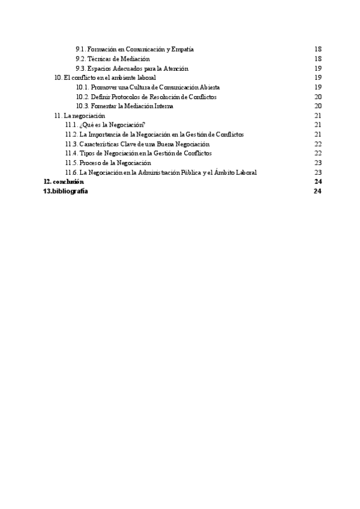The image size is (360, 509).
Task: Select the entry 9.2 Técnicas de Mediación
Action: pyautogui.click(x=112, y=59)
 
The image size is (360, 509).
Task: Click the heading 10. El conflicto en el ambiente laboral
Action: pyautogui.click(x=105, y=77)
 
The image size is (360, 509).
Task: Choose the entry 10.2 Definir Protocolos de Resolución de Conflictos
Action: pyautogui.click(x=146, y=97)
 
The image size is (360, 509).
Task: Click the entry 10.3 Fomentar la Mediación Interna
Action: pyautogui.click(x=124, y=106)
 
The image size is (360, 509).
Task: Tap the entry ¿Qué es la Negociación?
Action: pyautogui.click(x=105, y=125)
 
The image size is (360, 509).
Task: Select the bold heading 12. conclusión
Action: pyautogui.click(x=64, y=181)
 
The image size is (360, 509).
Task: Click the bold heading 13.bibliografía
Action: pyautogui.click(x=66, y=191)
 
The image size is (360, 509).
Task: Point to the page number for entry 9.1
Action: pyautogui.click(x=319, y=49)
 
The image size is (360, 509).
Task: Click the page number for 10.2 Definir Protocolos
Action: pyautogui.click(x=319, y=97)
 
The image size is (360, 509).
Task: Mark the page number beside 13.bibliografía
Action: pyautogui.click(x=319, y=191)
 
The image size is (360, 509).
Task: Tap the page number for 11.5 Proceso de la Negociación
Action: pyautogui.click(x=319, y=163)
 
